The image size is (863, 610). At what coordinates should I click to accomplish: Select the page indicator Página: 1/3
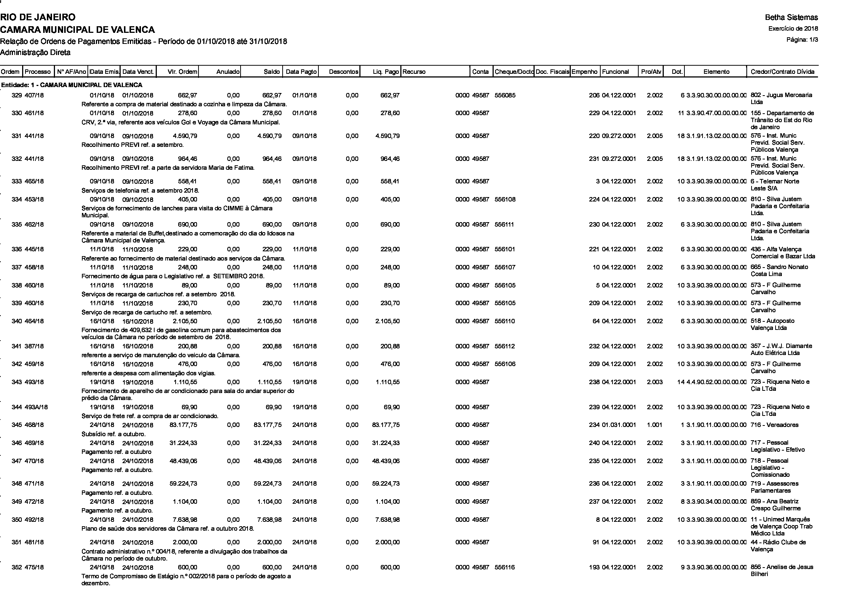click(802, 40)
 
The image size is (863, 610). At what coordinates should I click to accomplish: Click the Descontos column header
click(343, 72)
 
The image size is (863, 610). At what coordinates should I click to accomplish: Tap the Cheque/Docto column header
click(514, 72)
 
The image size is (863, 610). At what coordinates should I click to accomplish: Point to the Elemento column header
click(716, 72)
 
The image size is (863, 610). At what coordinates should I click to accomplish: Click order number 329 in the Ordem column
click(17, 96)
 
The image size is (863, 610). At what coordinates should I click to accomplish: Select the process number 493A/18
click(37, 407)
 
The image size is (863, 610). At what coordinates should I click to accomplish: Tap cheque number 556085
click(505, 96)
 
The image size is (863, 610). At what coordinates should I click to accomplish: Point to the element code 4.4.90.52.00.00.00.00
click(716, 382)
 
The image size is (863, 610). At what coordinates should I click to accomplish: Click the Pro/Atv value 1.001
click(655, 425)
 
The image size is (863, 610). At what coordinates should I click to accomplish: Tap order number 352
click(17, 567)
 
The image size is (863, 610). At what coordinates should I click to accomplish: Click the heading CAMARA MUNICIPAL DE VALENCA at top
click(77, 29)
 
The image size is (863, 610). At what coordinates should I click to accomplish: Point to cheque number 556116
click(505, 567)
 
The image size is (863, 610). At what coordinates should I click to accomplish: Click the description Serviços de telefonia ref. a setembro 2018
click(140, 190)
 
